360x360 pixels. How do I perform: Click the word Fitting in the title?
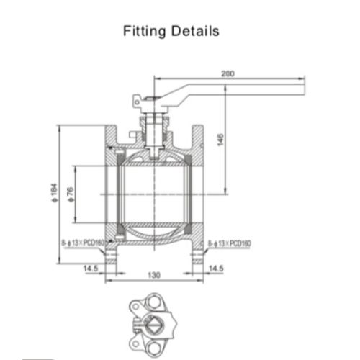click(145, 32)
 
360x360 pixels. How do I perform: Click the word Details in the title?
click(194, 32)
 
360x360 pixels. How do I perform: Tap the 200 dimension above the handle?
click(228, 74)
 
